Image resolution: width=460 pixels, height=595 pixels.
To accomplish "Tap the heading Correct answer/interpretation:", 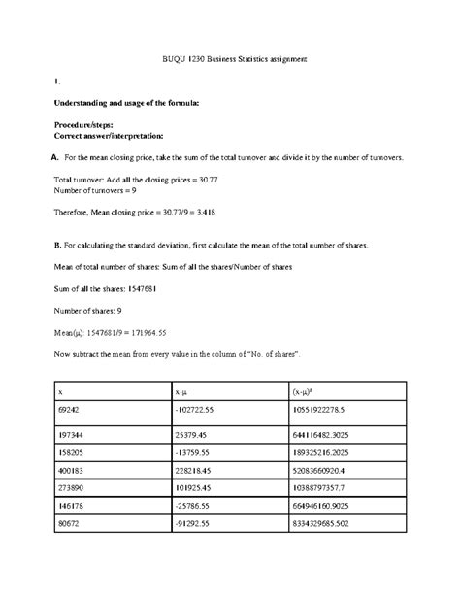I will [109, 136].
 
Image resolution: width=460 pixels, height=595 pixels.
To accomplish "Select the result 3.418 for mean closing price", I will [203, 213].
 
